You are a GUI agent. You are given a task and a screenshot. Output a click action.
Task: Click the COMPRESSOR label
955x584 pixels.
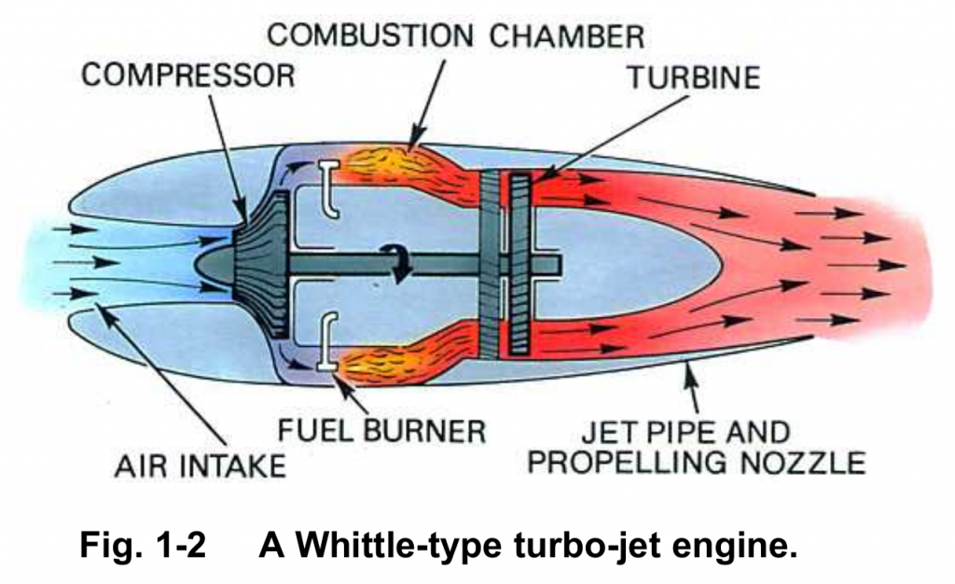[187, 74]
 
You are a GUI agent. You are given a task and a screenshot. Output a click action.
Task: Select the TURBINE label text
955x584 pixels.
[692, 77]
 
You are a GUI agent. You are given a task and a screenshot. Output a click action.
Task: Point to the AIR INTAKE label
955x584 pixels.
[200, 464]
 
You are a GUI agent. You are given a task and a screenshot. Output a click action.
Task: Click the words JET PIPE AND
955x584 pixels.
[685, 432]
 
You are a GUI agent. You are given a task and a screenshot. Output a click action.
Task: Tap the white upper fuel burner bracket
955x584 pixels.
[326, 184]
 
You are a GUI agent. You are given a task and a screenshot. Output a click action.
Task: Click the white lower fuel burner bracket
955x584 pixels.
[325, 347]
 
